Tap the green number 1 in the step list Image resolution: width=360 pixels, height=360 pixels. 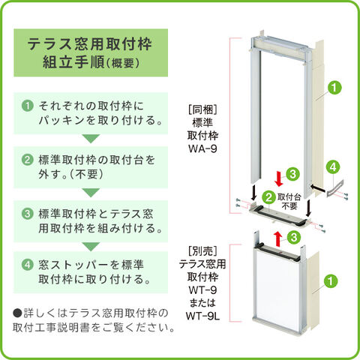[x=27, y=106]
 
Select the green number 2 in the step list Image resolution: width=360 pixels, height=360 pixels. [x=27, y=160]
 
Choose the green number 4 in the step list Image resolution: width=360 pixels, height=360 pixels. [x=27, y=264]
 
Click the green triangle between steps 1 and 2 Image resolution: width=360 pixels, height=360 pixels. [x=90, y=139]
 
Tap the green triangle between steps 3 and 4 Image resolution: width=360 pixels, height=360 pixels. [x=90, y=244]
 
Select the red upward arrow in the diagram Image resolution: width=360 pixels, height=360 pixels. [x=277, y=238]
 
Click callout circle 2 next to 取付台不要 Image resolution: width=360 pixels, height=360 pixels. [x=268, y=197]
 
